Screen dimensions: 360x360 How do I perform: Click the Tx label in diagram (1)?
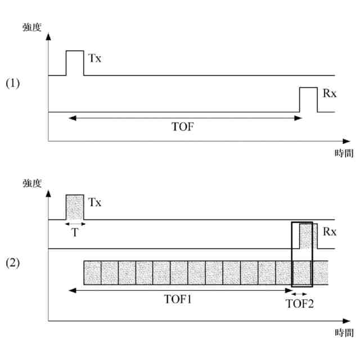tap(95, 58)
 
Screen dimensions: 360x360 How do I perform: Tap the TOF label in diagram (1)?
tap(183, 127)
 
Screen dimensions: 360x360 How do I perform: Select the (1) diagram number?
tap(13, 83)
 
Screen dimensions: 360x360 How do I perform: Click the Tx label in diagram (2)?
tap(95, 202)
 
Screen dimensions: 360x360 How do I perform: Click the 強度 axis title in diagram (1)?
tap(31, 28)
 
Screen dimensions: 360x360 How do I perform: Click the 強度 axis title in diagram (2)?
tap(31, 183)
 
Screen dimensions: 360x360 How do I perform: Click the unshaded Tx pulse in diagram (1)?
tap(75, 62)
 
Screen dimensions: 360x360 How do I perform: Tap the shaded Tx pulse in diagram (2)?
tap(75, 207)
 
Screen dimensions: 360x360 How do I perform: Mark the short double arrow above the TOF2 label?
tap(300, 293)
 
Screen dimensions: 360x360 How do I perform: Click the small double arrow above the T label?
tap(75, 223)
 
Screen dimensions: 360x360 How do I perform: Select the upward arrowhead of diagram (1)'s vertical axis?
tap(49, 36)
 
